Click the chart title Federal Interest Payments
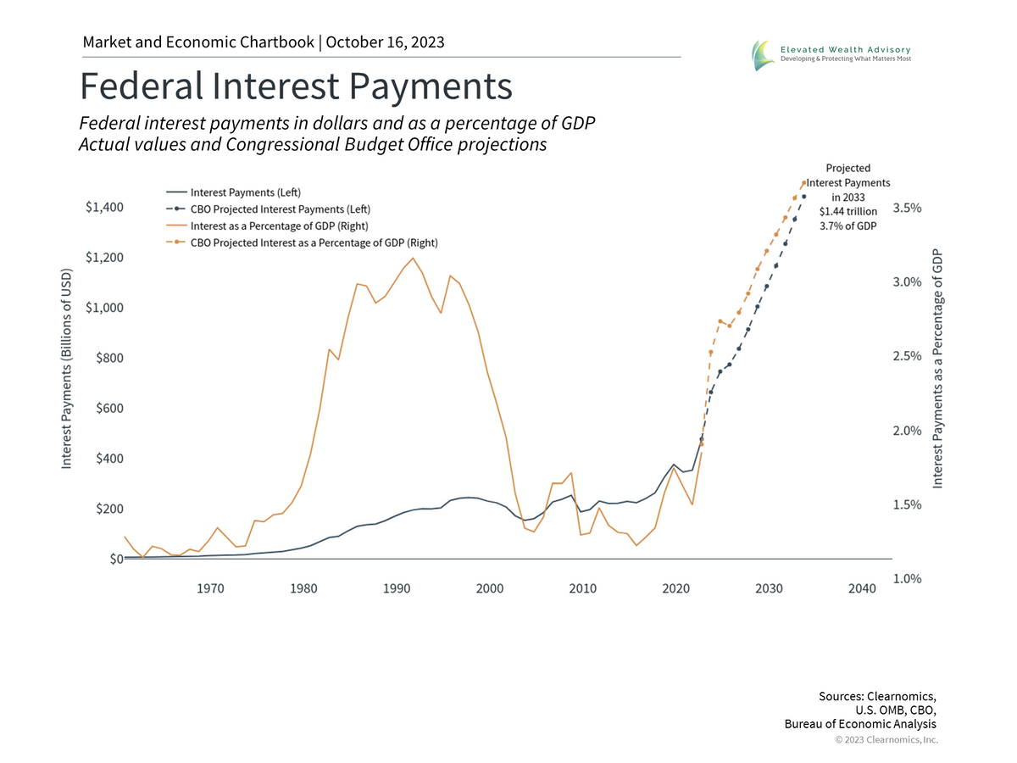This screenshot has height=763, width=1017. point(296,87)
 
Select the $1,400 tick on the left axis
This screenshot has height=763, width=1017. point(104,208)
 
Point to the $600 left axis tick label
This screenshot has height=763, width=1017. point(109,409)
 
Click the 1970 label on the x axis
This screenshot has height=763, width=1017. point(210,588)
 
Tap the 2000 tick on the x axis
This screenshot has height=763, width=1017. point(489,588)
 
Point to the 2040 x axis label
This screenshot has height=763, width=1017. point(862,588)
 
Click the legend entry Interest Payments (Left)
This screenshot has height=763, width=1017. point(245,192)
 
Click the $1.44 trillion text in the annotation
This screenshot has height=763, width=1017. point(847,211)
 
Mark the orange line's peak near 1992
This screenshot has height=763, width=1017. point(413,258)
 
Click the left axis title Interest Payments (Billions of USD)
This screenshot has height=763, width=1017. point(66,369)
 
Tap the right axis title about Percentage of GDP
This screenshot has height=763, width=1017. point(937,369)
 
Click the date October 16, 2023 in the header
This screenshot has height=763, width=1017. point(386,42)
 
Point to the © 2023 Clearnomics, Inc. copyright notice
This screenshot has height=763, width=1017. point(886,740)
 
